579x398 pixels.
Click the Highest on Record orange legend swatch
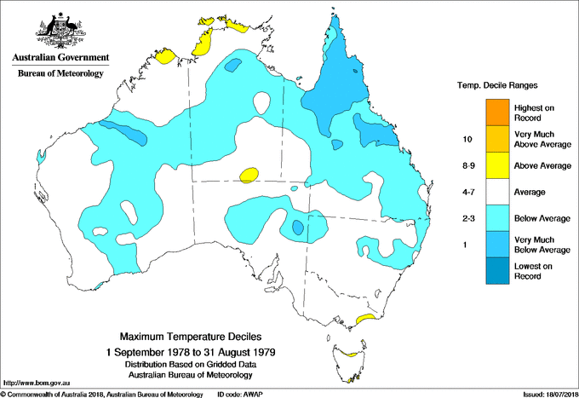[495, 112]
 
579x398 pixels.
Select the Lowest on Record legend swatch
[495, 271]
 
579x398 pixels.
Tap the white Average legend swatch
[495, 192]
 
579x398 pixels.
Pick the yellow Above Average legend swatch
[495, 165]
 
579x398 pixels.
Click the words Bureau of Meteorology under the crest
[60, 74]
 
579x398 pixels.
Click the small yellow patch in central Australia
[249, 175]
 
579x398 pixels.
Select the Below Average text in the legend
[541, 218]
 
